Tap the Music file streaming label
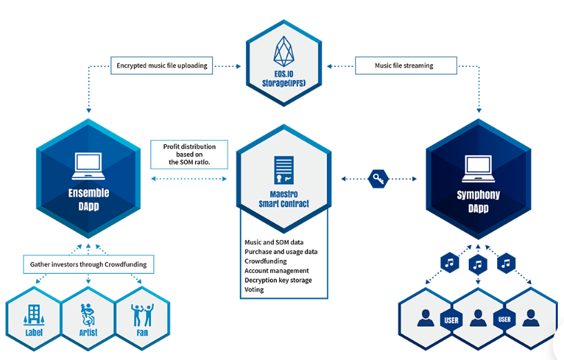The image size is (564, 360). coord(405,67)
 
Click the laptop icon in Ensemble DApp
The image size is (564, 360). coord(88,163)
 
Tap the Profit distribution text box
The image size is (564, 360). coord(189,154)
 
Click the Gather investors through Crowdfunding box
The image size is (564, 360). coord(88,264)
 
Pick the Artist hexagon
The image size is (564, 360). coord(88,318)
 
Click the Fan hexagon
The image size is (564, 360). coord(141,317)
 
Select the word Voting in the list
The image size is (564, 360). coord(254,290)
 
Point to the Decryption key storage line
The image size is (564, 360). coord(278,281)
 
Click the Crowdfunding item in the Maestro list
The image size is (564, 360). coord(265,261)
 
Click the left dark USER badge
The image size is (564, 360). coord(451,320)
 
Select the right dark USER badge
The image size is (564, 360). coord(504,320)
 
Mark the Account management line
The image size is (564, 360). coord(276,271)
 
